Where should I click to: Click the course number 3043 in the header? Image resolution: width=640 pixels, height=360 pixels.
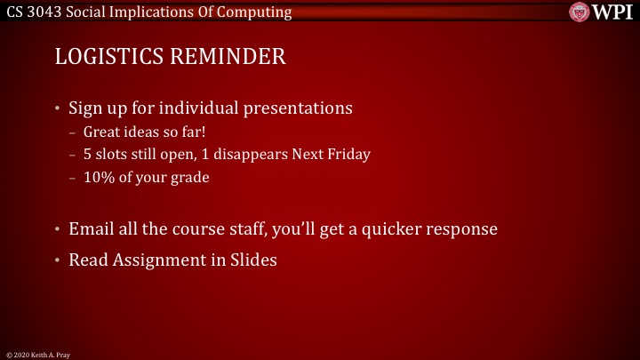point(45,12)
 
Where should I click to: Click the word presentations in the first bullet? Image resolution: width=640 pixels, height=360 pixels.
point(298,109)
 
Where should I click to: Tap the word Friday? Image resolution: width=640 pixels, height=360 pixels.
point(348,154)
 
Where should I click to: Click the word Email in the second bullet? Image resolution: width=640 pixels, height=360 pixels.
point(92,228)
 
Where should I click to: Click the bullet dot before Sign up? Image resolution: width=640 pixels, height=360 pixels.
point(58,110)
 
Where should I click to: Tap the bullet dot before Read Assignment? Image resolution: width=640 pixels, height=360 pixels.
point(58,260)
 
